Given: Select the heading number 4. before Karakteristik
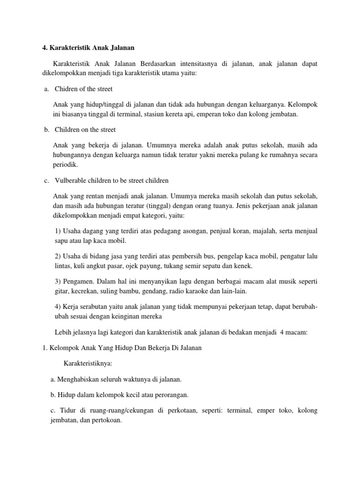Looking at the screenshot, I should (40, 47).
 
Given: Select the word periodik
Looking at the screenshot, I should (66, 165).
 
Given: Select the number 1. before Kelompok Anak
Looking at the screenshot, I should (39, 348).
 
